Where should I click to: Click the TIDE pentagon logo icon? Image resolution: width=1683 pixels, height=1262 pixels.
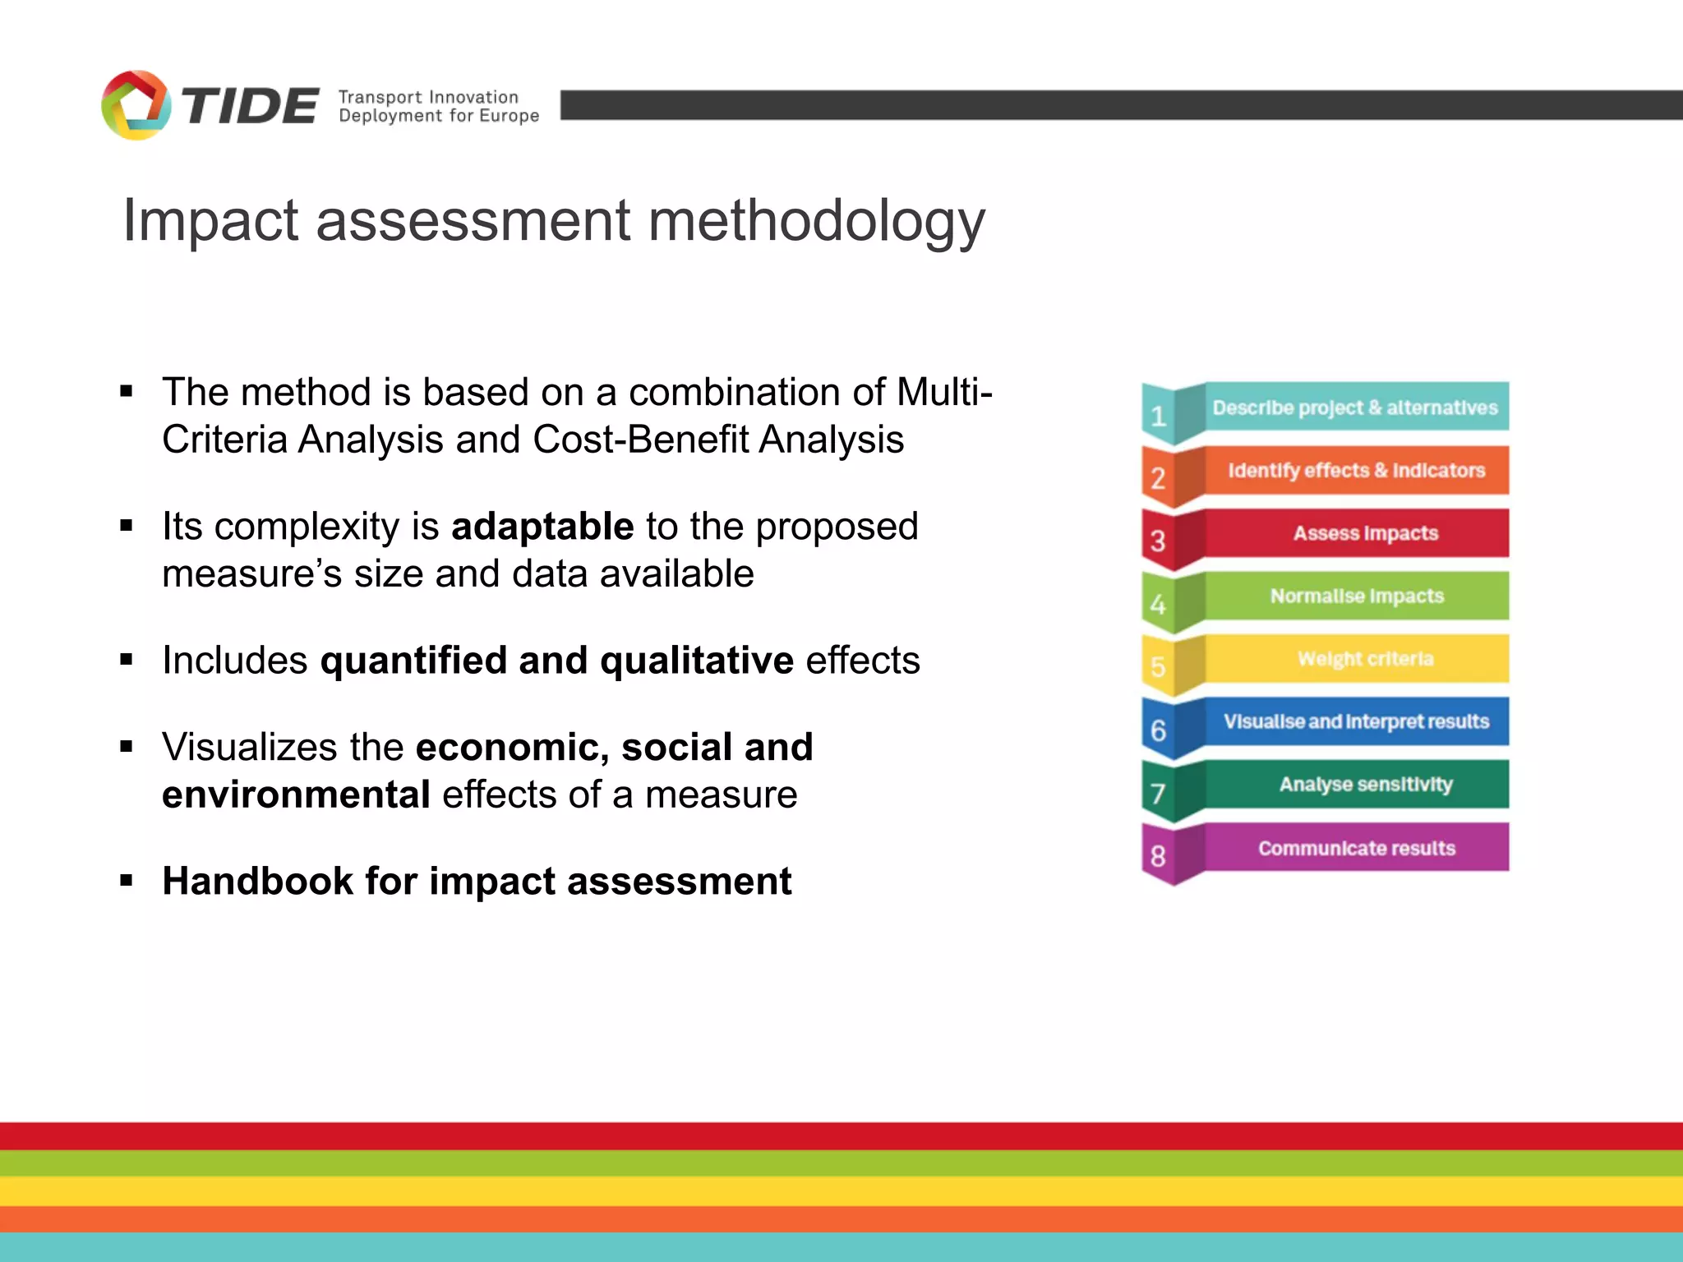pyautogui.click(x=136, y=105)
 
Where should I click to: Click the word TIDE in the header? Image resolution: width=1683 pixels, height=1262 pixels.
pyautogui.click(x=249, y=107)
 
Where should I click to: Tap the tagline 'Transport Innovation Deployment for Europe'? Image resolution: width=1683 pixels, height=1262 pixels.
pyautogui.click(x=438, y=107)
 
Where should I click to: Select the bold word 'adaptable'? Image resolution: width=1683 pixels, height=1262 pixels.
pyautogui.click(x=542, y=526)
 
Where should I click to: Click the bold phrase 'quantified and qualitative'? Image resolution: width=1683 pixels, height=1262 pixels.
pyautogui.click(x=556, y=660)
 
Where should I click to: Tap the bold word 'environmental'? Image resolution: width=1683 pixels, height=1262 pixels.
pyautogui.click(x=296, y=795)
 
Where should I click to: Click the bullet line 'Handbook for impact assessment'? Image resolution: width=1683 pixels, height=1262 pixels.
pyautogui.click(x=477, y=881)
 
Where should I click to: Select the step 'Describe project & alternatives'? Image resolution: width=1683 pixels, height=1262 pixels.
pyautogui.click(x=1355, y=408)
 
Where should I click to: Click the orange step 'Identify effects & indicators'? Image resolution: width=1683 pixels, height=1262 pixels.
pyautogui.click(x=1356, y=470)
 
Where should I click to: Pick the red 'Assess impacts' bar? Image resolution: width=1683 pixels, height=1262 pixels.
pyautogui.click(x=1365, y=533)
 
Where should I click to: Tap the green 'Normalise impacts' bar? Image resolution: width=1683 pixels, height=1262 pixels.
pyautogui.click(x=1357, y=596)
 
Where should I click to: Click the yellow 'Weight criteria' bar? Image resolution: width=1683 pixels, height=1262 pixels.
pyautogui.click(x=1365, y=658)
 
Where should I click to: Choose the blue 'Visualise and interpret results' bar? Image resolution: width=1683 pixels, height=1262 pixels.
pyautogui.click(x=1356, y=721)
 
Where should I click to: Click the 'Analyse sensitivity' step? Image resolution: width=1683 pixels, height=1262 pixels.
pyautogui.click(x=1365, y=784)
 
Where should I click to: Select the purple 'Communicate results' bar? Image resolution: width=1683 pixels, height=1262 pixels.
pyautogui.click(x=1356, y=847)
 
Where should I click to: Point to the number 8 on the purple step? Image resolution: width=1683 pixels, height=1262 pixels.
pyautogui.click(x=1158, y=856)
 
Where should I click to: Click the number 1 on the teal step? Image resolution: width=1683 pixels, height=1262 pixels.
pyautogui.click(x=1158, y=417)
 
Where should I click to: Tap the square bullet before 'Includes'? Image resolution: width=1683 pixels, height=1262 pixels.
pyautogui.click(x=126, y=659)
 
